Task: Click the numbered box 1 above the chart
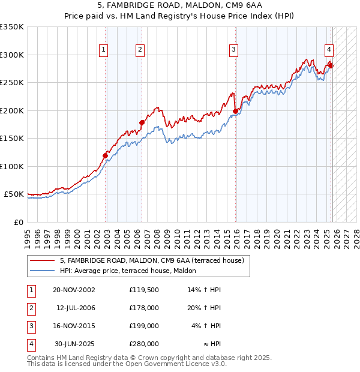104,50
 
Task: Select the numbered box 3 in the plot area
233,50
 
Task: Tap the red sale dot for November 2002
106,156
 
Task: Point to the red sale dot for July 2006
142,123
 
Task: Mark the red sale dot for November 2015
235,112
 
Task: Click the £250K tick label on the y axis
12,83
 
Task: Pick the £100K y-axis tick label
12,166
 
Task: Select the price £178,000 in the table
144,308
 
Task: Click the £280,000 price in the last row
144,344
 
